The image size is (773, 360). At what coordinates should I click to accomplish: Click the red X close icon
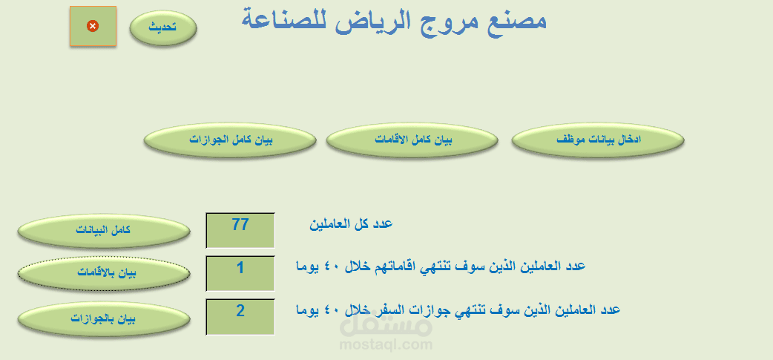click(x=93, y=26)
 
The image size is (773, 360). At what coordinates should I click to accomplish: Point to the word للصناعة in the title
click(x=280, y=20)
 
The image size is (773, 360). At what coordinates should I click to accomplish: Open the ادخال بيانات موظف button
click(x=598, y=140)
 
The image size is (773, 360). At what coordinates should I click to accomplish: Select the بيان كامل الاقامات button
click(x=412, y=140)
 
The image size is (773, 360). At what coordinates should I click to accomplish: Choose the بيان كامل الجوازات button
click(x=230, y=140)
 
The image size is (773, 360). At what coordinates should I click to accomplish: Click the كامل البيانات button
click(x=103, y=230)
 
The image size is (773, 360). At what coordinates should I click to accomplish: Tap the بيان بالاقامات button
click(x=103, y=273)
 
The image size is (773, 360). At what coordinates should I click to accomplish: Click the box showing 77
click(x=240, y=230)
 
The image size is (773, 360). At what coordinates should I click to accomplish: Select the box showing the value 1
click(x=240, y=273)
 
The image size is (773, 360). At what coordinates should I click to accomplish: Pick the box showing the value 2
click(x=240, y=316)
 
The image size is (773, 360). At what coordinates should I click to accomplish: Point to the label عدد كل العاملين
click(x=351, y=223)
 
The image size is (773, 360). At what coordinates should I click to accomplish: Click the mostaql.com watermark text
click(x=386, y=344)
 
